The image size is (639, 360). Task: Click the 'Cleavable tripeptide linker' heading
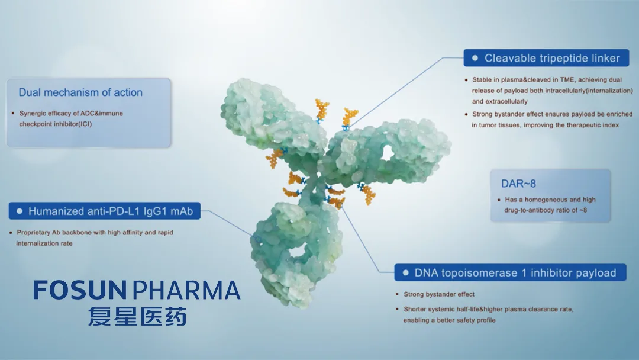click(552, 58)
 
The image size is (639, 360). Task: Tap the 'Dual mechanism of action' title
click(80, 92)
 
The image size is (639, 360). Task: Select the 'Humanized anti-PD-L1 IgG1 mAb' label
click(111, 211)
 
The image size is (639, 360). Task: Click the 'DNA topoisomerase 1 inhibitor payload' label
click(515, 273)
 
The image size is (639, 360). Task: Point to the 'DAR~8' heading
click(518, 184)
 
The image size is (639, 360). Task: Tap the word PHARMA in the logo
click(186, 290)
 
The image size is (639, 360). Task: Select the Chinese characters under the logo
click(137, 316)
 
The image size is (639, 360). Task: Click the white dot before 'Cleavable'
click(475, 58)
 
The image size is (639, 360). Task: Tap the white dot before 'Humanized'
click(19, 211)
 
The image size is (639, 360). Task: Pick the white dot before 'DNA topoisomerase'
click(405, 273)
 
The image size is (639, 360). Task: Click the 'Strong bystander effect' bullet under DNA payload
click(439, 294)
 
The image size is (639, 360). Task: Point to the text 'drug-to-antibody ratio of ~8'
click(546, 210)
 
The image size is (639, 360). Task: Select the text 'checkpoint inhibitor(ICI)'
click(56, 124)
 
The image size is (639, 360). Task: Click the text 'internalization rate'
click(44, 243)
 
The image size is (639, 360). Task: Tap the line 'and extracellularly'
click(499, 101)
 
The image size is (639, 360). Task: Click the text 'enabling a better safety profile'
click(450, 320)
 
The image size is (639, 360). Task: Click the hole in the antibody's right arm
click(387, 153)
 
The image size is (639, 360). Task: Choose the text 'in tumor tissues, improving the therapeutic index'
click(546, 125)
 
